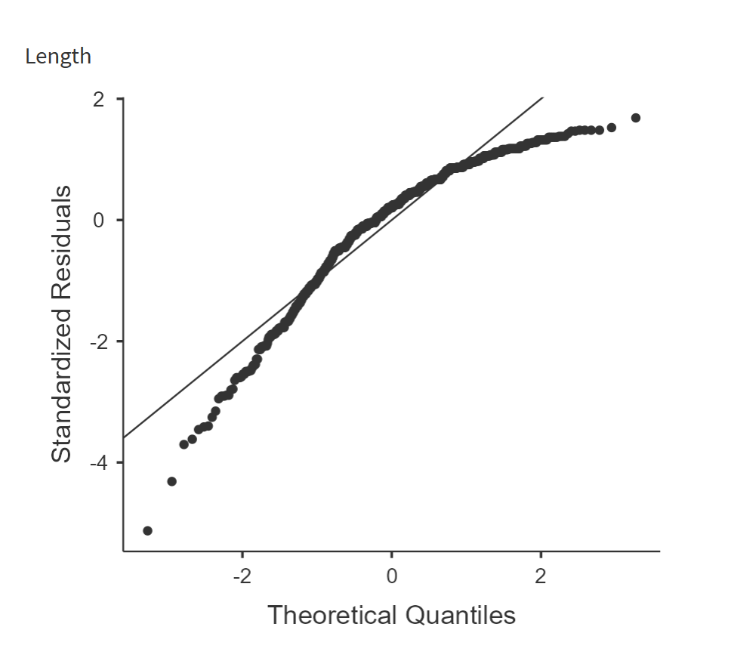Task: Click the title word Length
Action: (58, 57)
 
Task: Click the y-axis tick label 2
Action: (99, 99)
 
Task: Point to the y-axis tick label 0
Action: (99, 220)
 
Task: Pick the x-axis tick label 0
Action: (391, 577)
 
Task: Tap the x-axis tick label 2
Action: (540, 577)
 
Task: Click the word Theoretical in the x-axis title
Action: (332, 615)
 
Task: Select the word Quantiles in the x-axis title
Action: (461, 615)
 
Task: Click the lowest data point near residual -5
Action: (147, 530)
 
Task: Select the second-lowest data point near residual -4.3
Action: (171, 481)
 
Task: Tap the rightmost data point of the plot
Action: (636, 118)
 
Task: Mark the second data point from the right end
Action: (612, 127)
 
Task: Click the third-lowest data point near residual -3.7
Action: (184, 444)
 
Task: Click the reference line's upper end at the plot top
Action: (541, 98)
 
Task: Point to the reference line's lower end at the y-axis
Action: (125, 437)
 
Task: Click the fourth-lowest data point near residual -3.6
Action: (192, 439)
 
